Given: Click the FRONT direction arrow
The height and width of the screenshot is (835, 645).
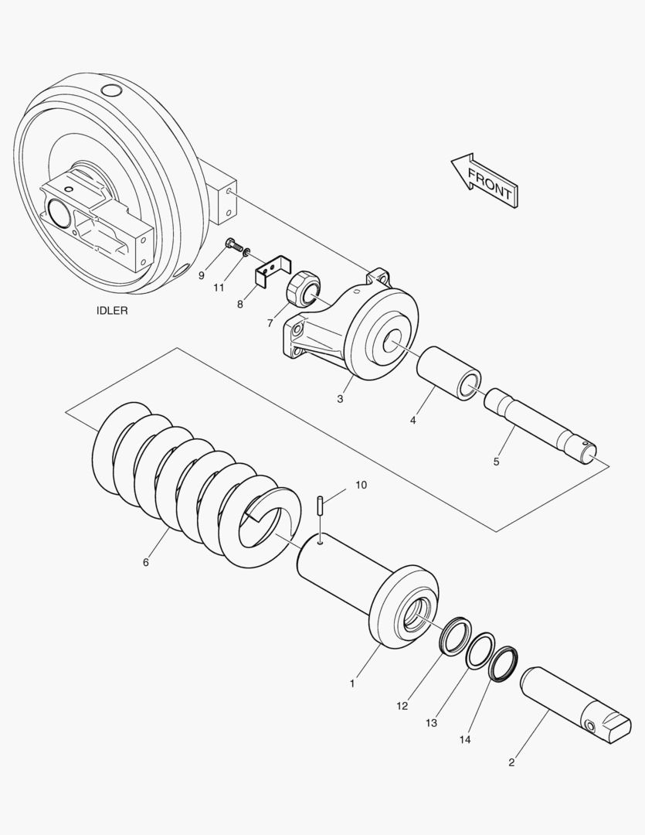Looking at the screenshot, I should tap(485, 179).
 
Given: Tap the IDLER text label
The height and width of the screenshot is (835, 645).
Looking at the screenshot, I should tap(112, 311).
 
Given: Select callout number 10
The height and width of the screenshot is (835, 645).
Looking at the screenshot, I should tap(362, 485).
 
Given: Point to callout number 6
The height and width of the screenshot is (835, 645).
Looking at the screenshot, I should tap(146, 562).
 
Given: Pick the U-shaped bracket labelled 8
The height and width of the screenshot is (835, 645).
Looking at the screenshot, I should tap(272, 271).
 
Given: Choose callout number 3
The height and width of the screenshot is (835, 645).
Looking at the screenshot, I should tap(340, 399).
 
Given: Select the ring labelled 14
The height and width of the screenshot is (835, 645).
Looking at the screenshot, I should tap(502, 663).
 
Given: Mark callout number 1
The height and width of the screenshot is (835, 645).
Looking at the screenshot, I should tap(352, 683).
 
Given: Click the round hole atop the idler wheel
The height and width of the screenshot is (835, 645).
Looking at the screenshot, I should tap(112, 92).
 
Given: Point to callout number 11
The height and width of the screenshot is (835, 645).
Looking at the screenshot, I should tap(219, 287).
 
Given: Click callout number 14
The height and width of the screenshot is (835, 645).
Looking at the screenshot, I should tap(464, 740).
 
